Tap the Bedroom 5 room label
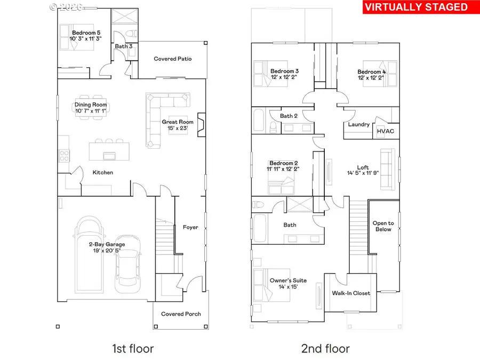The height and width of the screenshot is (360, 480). (86, 33)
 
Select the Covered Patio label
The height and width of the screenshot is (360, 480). (172, 59)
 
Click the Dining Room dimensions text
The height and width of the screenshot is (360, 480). (91, 111)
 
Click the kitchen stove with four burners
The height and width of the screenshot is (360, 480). (63, 155)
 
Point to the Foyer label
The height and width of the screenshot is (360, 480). (190, 227)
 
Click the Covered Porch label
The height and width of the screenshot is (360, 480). (181, 314)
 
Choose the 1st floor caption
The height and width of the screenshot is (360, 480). (132, 349)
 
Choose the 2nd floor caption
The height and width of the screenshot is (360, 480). (325, 349)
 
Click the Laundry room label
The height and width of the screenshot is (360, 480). (359, 124)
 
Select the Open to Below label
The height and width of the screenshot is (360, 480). (383, 226)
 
